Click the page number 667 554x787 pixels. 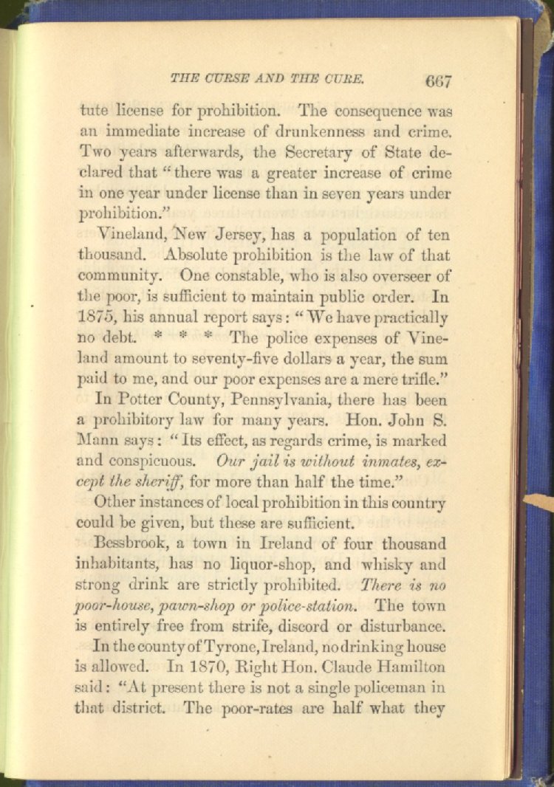(437, 81)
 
